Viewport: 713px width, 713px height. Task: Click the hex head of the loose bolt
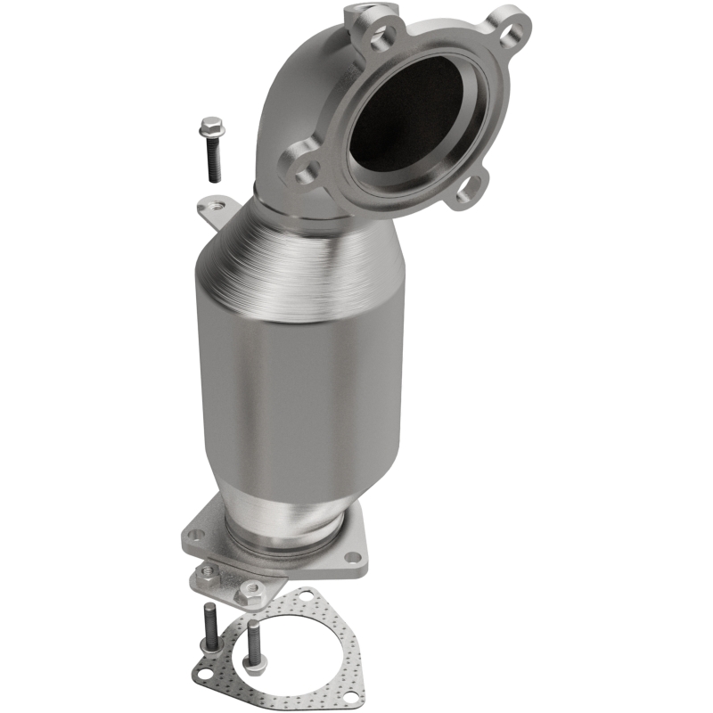[213, 128]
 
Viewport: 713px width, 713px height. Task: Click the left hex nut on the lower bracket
[209, 571]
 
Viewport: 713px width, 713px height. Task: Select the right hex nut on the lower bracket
[251, 589]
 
